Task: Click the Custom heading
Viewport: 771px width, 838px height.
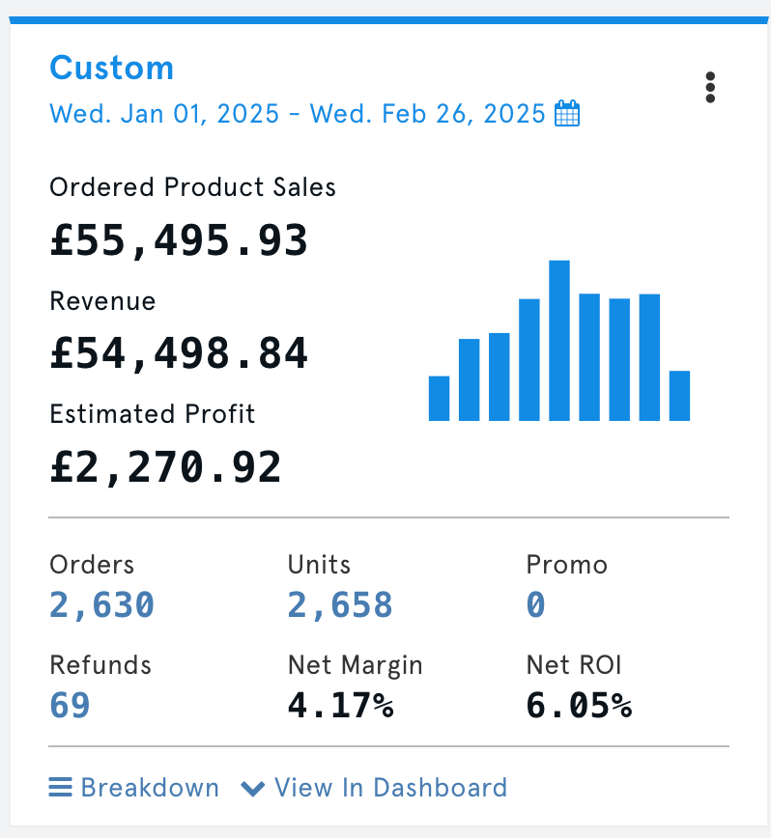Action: click(111, 69)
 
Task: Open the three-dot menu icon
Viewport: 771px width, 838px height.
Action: click(710, 87)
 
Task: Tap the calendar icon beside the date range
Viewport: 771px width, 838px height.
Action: click(568, 114)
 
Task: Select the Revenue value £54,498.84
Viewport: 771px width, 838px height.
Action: click(179, 354)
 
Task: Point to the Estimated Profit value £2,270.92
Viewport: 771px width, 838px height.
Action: click(165, 468)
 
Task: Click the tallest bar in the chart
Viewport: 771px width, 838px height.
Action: click(558, 340)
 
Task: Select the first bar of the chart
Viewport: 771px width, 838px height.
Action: click(439, 398)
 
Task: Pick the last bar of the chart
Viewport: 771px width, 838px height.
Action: click(679, 395)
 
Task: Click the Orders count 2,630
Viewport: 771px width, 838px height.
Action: click(101, 605)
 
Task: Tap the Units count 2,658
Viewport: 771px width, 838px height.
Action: click(340, 605)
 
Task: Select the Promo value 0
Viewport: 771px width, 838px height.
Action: click(536, 605)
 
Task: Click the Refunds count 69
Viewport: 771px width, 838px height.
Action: click(70, 706)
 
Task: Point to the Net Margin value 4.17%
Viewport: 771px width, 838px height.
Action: click(340, 706)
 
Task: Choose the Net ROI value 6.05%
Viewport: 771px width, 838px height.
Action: click(579, 706)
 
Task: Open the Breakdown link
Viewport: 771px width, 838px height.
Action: click(150, 788)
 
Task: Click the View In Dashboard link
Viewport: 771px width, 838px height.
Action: click(390, 788)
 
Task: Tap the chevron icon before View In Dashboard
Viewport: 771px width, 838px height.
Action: click(253, 789)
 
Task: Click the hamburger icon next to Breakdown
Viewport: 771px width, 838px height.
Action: click(61, 788)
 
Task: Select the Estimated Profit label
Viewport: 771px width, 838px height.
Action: click(153, 414)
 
